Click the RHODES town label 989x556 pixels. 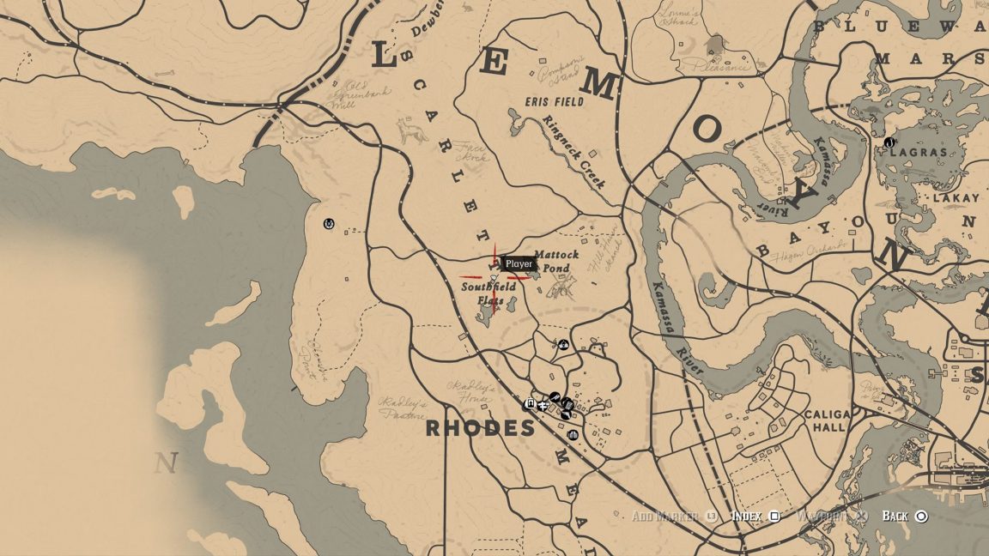click(480, 428)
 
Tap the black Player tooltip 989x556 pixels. click(519, 264)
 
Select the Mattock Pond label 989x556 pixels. click(556, 262)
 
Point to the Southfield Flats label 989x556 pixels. click(488, 293)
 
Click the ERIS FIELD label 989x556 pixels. click(555, 101)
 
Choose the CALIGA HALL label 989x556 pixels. click(827, 421)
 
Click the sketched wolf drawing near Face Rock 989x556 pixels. click(413, 131)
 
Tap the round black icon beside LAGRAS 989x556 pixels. click(889, 142)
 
